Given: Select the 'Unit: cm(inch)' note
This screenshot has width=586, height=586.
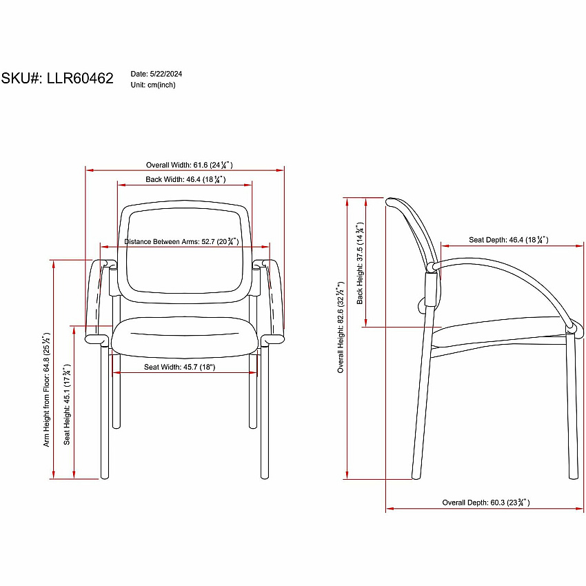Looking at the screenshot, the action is click(153, 85).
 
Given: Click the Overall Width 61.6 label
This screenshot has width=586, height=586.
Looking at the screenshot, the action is click(189, 165).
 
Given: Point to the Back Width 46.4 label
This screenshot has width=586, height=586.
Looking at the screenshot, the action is click(185, 179).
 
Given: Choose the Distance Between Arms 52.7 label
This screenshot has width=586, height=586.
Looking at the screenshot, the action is click(181, 241).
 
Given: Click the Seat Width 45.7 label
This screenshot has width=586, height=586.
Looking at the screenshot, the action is click(180, 367).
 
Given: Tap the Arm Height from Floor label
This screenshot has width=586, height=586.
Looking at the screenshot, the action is click(46, 389).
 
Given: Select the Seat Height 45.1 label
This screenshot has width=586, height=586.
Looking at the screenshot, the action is click(66, 404).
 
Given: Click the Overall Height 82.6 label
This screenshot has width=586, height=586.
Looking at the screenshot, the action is click(340, 327).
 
